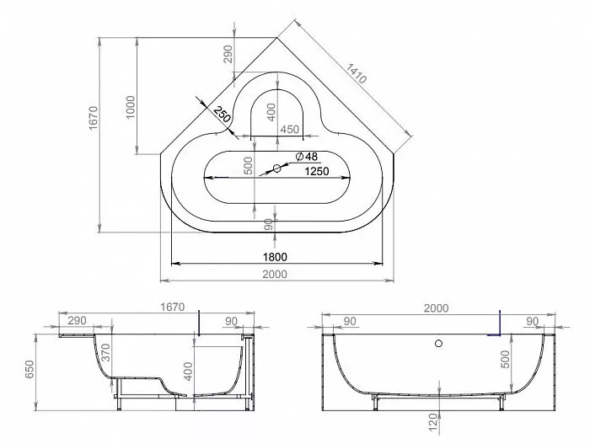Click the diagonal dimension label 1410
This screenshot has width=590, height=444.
(356, 73)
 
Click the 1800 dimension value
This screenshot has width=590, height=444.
(275, 257)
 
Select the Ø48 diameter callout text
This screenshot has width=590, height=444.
(307, 156)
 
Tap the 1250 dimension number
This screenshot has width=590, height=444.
(316, 172)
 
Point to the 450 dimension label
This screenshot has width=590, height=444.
(290, 130)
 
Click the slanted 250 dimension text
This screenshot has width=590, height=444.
(222, 115)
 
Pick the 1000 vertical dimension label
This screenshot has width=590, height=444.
(130, 107)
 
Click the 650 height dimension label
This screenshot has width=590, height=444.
(29, 370)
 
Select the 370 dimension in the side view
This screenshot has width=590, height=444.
(106, 352)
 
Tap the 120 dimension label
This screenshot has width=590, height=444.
(433, 422)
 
